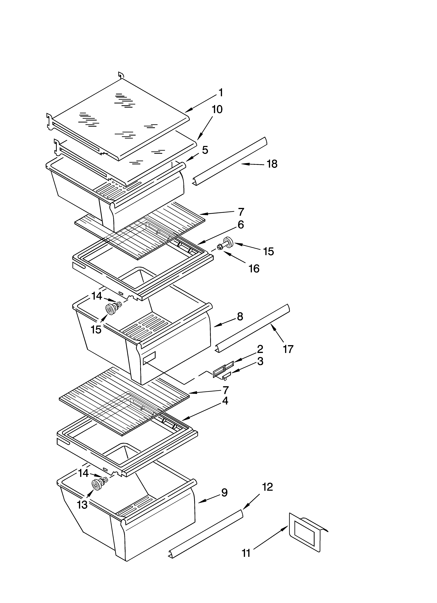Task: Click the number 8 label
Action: coord(240,316)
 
